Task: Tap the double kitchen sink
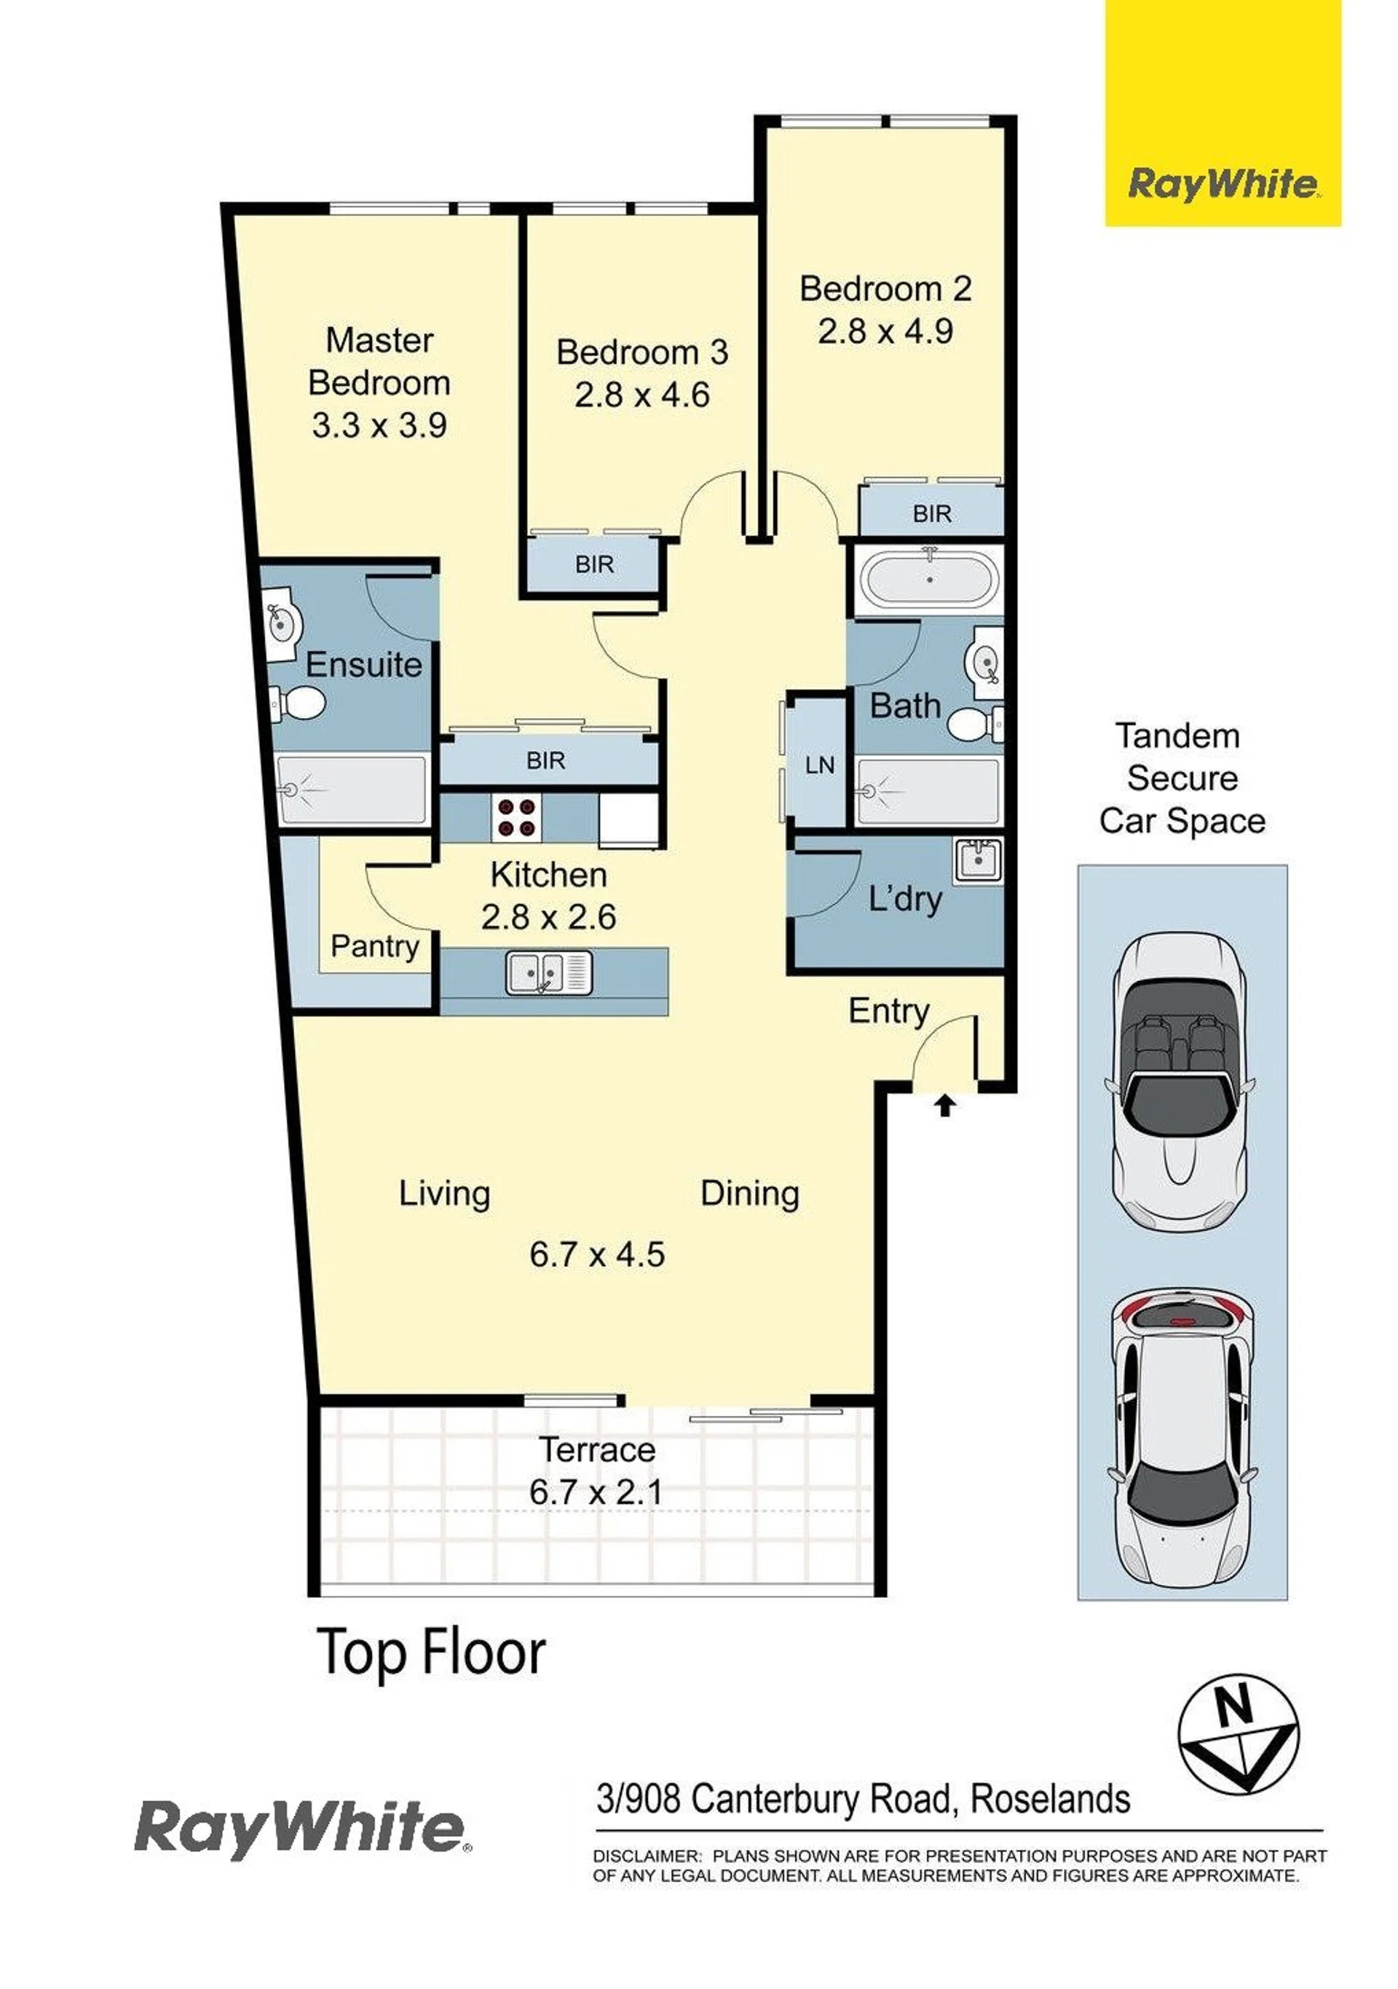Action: tap(549, 972)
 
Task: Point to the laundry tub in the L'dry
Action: tap(978, 861)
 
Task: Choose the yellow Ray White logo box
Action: tap(1223, 114)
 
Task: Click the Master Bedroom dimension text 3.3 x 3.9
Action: tap(379, 425)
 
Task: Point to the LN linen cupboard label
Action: tap(819, 765)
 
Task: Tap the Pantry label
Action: tap(375, 946)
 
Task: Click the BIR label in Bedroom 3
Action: tap(594, 565)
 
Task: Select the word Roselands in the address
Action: tap(1050, 1800)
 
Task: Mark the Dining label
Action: tap(750, 1194)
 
